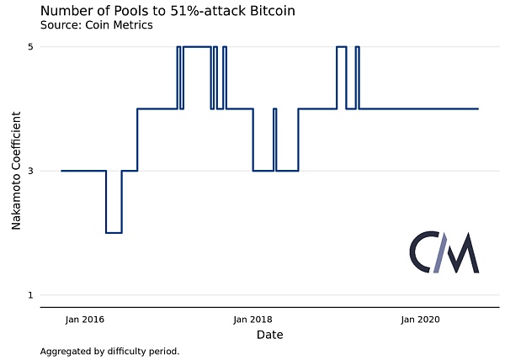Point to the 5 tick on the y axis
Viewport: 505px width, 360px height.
tap(30, 47)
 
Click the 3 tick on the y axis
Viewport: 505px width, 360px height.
tap(30, 171)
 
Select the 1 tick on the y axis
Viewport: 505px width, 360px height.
tap(30, 294)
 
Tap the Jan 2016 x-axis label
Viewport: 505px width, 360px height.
tap(85, 320)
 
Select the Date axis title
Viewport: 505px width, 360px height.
tap(269, 335)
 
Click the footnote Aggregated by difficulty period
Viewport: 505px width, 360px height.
tap(109, 351)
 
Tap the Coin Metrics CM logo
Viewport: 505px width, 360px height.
tap(444, 252)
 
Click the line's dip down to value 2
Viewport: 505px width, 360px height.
tap(114, 232)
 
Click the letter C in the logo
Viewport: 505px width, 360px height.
tap(422, 253)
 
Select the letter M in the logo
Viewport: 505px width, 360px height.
tap(461, 253)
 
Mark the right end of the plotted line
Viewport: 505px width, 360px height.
tap(478, 109)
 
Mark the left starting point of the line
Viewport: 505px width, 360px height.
tap(61, 171)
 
